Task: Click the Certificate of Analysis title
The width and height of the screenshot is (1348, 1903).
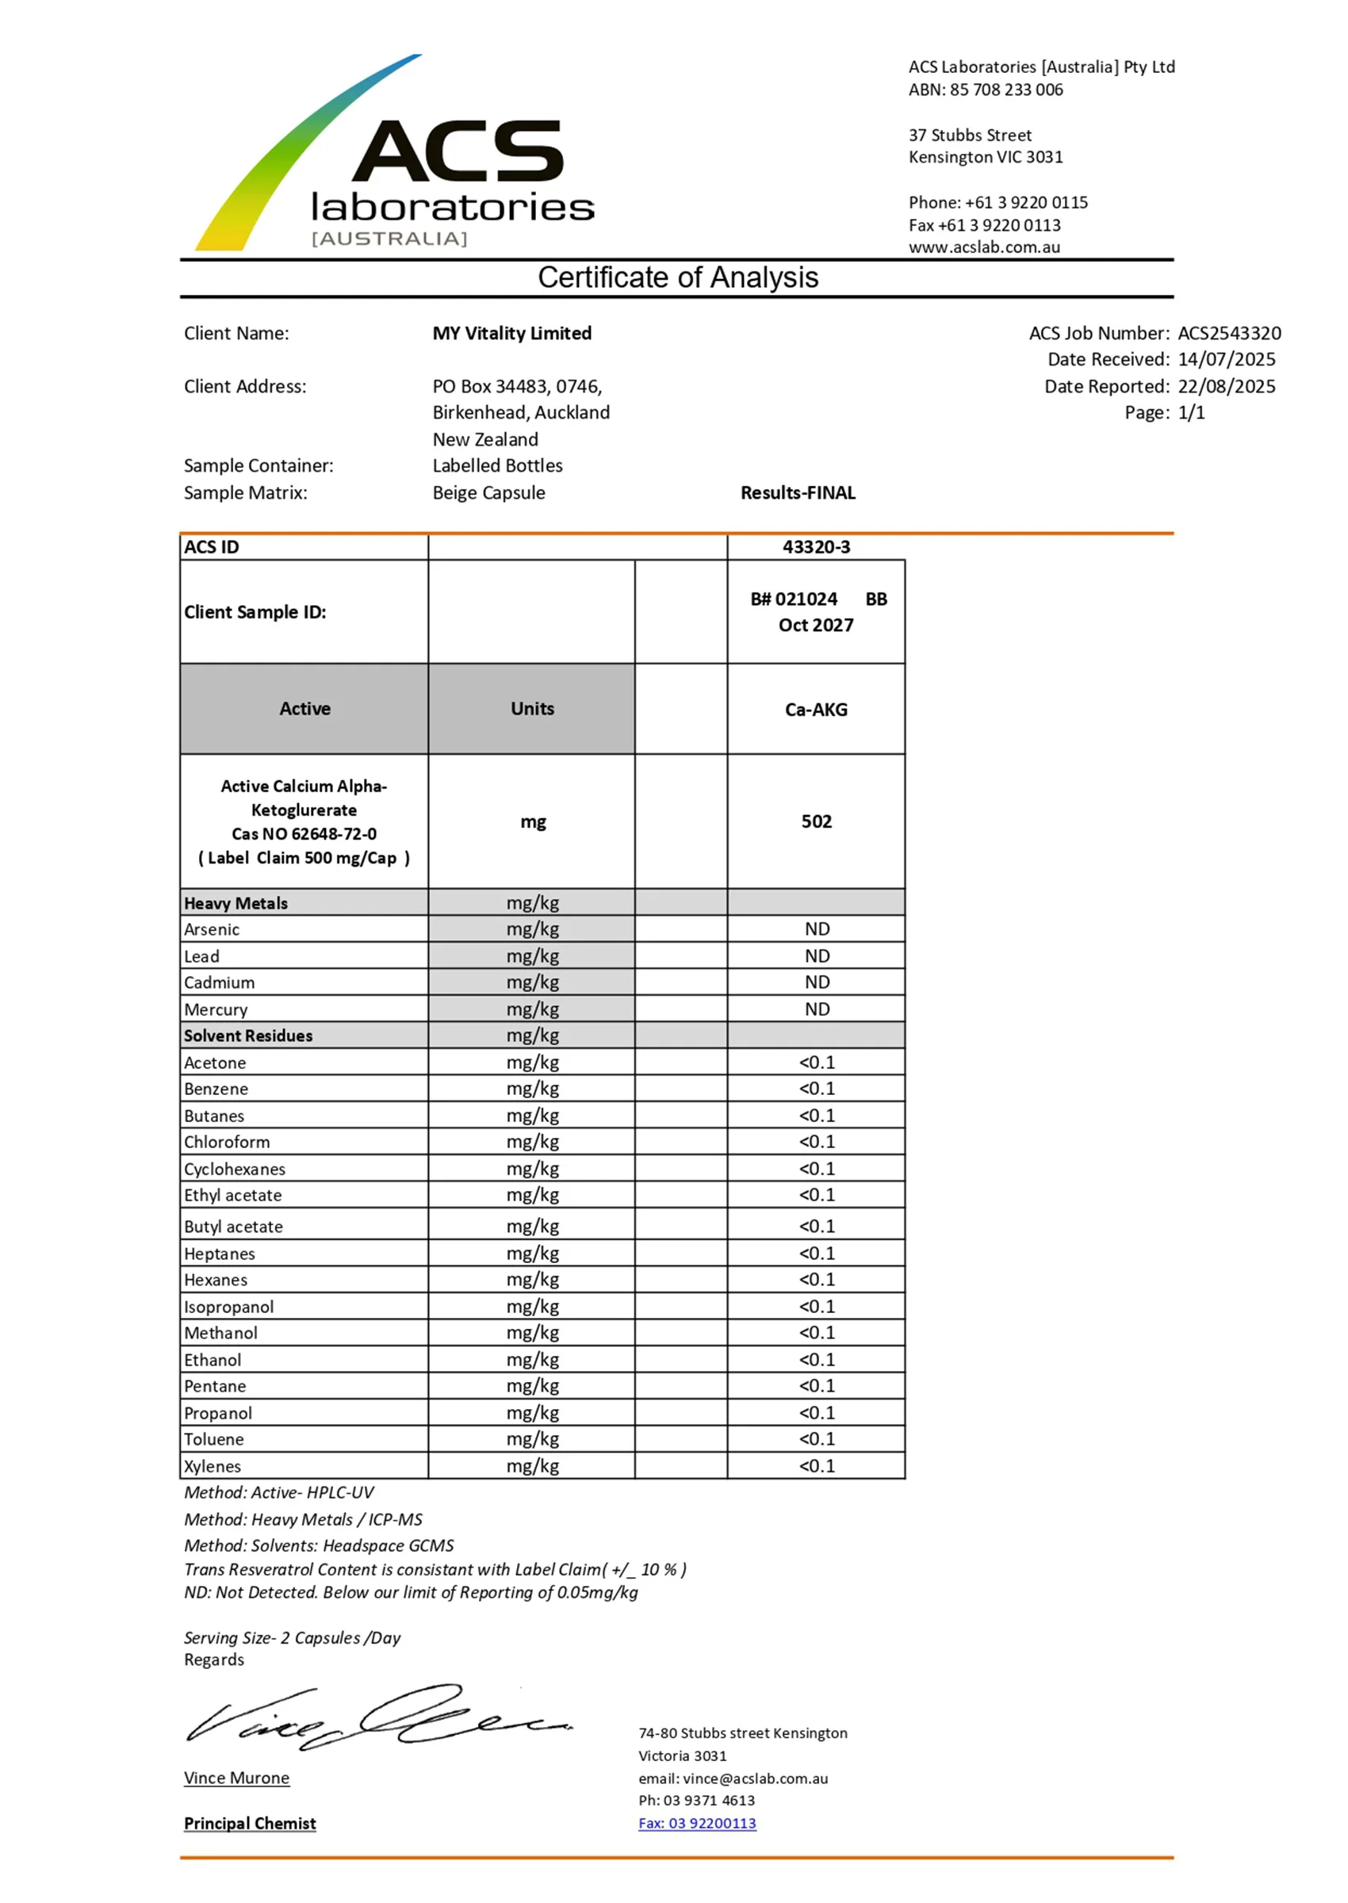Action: point(677,278)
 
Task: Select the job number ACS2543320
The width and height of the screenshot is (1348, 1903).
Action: point(1228,334)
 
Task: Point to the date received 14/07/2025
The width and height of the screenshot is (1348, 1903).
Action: point(1226,359)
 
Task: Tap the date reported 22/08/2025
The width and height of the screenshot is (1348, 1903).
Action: point(1226,387)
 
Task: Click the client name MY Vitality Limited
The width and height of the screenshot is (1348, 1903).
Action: point(511,334)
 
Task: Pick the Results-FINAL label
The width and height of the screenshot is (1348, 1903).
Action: point(798,493)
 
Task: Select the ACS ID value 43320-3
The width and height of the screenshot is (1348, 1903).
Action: point(816,547)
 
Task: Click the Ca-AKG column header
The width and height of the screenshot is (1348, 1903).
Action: point(816,710)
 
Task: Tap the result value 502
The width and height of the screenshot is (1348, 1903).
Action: point(816,821)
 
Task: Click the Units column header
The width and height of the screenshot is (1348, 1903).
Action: point(532,709)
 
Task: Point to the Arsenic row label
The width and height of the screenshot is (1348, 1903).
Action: point(212,929)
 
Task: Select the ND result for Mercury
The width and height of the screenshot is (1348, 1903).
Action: point(817,1009)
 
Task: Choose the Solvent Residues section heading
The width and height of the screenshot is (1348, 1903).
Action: point(248,1036)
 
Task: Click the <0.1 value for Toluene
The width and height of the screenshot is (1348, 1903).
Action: point(817,1439)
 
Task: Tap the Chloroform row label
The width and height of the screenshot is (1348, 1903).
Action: point(227,1142)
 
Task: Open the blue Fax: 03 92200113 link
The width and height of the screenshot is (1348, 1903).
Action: point(697,1824)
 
